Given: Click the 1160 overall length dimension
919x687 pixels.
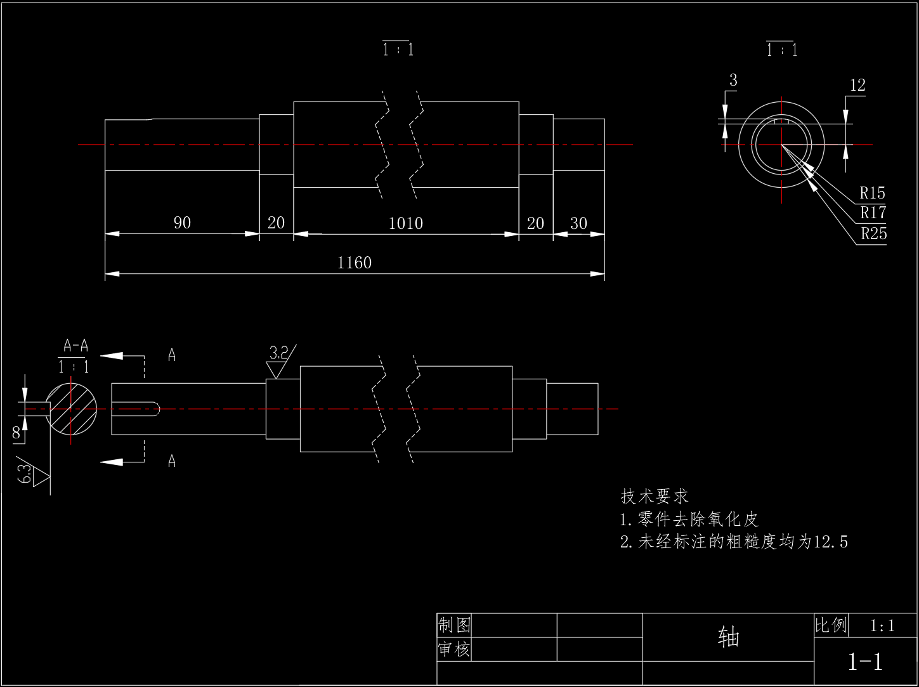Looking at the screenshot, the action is coord(354,263).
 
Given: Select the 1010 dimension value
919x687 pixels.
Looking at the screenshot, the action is coord(406,223).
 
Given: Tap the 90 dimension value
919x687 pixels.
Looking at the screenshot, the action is coord(182,223).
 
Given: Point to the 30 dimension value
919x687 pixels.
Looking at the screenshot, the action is coord(578,223).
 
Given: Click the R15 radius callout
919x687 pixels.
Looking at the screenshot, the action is coord(873,193).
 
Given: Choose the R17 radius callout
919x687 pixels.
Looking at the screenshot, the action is coord(873,213).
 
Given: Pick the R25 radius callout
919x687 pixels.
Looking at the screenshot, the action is coord(874,233).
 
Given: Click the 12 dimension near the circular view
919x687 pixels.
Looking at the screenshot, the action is coord(857,86).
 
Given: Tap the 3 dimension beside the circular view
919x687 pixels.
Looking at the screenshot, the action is coord(733,80).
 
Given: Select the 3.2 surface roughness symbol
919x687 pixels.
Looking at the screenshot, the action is coord(280,362).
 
